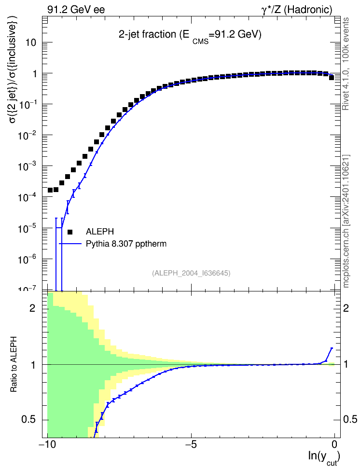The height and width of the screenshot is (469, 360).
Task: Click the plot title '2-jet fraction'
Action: click(x=147, y=34)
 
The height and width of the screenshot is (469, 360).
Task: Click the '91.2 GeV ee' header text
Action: click(x=76, y=10)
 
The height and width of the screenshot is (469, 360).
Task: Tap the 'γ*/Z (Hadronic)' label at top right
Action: click(x=297, y=10)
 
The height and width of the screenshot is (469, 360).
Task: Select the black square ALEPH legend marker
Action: click(x=70, y=232)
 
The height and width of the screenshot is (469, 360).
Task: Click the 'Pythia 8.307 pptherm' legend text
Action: click(x=126, y=244)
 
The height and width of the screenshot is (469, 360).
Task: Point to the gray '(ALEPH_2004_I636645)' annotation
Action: click(x=191, y=273)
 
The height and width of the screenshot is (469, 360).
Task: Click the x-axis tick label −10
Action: click(x=47, y=444)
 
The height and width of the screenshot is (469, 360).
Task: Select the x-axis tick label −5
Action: click(x=191, y=444)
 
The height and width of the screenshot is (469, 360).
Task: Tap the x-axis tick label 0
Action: click(x=334, y=444)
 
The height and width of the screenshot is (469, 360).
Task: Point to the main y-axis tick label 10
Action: click(x=30, y=42)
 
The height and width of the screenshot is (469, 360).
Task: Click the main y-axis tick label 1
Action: click(x=34, y=73)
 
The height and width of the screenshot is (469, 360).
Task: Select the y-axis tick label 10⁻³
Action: click(x=27, y=166)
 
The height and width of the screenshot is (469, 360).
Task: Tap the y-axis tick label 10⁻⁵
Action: click(x=27, y=228)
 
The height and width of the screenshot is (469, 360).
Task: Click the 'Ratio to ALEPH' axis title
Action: click(x=14, y=364)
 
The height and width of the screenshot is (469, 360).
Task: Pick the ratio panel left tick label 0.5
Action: click(x=29, y=420)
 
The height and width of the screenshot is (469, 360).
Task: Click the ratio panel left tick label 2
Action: click(x=32, y=308)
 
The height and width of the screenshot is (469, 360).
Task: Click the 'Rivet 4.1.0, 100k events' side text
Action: click(x=346, y=64)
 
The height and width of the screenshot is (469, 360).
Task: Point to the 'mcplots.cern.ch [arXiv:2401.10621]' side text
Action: click(x=346, y=221)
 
